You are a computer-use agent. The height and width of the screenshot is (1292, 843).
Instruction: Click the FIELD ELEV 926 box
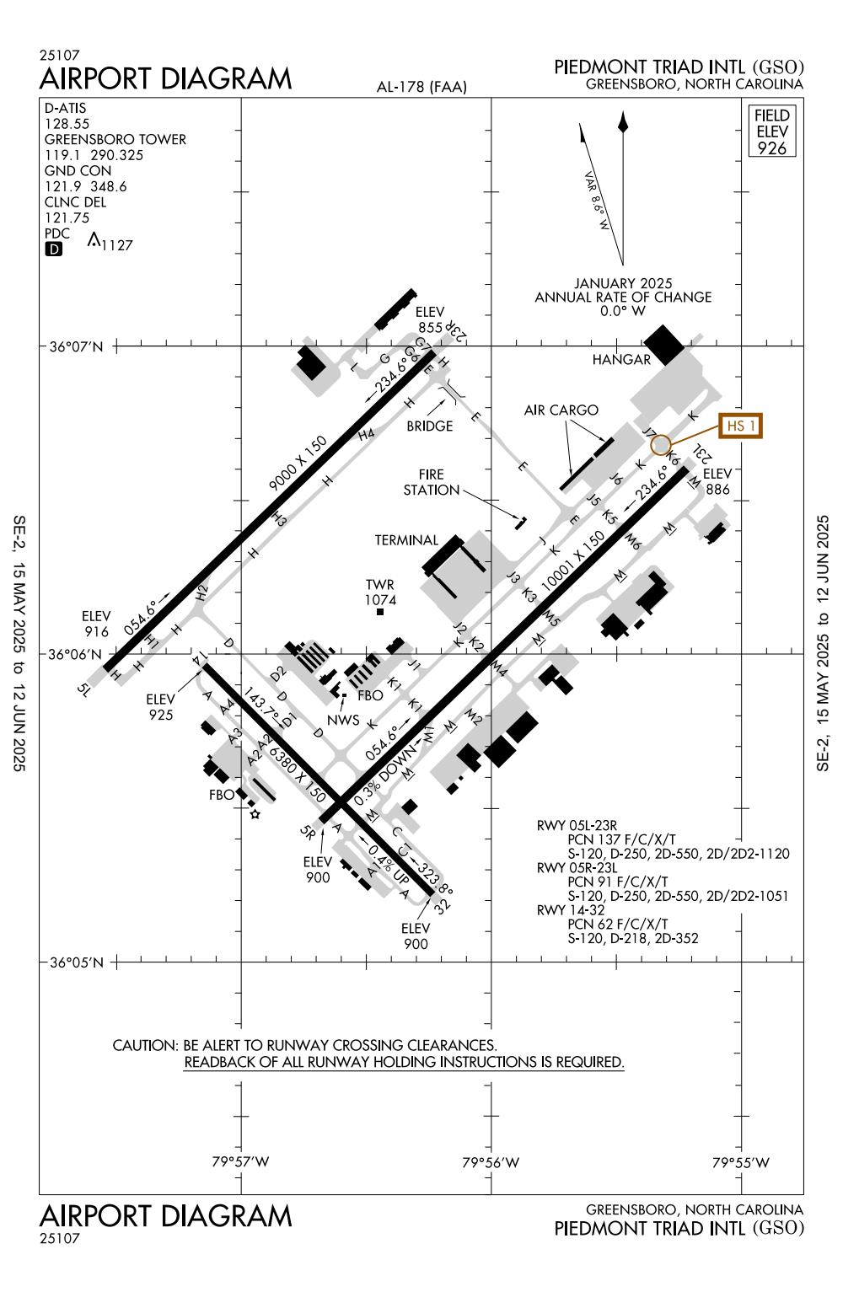772,131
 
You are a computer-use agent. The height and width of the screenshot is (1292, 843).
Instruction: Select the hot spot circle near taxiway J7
661,444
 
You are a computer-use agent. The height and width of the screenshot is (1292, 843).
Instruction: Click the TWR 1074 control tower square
380,612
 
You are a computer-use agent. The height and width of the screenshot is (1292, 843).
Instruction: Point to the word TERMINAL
407,540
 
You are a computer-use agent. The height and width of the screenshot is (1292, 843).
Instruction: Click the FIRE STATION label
431,482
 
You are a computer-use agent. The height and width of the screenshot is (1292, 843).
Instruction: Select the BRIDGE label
430,426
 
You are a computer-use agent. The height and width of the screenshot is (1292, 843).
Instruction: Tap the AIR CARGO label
561,410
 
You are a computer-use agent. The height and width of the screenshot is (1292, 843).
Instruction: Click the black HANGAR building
665,342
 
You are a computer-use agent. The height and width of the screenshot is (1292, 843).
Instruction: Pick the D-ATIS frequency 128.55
65,124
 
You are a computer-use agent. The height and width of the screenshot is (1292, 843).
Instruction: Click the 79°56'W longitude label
491,1163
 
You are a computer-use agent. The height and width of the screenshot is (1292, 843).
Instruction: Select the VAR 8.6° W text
597,202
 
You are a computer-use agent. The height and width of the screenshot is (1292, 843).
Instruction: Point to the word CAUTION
143,1046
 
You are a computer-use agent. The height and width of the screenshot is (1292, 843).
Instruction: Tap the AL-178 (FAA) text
422,87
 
